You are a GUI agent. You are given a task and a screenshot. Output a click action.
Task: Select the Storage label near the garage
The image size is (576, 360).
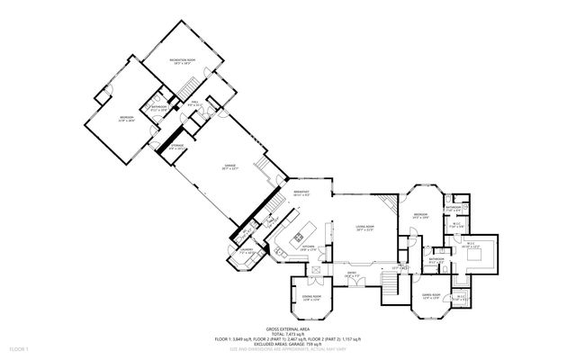coord(178,145)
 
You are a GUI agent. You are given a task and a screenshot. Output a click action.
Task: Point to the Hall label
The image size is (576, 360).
coord(194,103)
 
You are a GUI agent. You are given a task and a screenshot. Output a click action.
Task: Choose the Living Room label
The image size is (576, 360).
coord(364,228)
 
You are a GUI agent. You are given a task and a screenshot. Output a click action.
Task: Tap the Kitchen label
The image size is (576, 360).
coord(307,245)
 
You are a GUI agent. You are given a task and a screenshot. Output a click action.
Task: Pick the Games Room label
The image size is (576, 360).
coord(430,296)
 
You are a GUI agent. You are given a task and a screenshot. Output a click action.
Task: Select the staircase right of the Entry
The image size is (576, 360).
coord(389,286)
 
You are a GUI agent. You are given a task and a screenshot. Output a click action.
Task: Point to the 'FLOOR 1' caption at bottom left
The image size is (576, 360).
coord(20,347)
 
